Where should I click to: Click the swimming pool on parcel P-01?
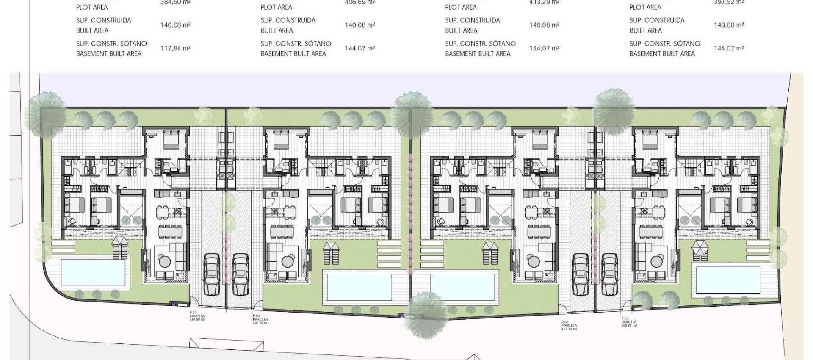tap(93, 273)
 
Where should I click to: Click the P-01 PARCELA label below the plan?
tap(197, 316)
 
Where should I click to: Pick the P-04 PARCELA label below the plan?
tap(629, 322)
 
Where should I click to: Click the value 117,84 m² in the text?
tap(175, 48)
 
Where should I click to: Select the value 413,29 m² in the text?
tap(544, 2)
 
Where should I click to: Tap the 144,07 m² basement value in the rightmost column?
tap(729, 48)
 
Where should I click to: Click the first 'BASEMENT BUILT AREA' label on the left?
tap(108, 54)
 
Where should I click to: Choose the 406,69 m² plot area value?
tap(359, 2)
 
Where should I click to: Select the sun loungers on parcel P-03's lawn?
tap(490, 253)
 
